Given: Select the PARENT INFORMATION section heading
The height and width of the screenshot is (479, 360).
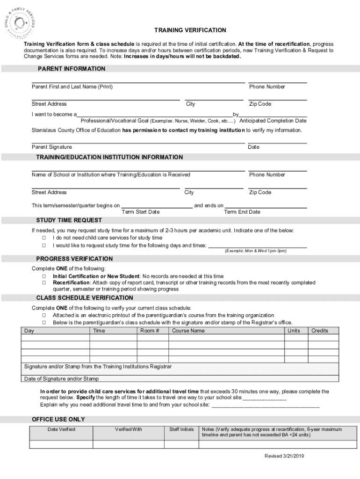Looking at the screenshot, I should [71, 69].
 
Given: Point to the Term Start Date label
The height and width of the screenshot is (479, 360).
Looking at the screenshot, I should [140, 212].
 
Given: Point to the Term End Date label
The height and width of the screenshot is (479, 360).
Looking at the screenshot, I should [242, 212].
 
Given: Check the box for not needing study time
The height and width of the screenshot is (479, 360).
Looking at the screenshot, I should [44, 238].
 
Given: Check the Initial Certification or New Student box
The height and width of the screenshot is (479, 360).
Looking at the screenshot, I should [44, 276].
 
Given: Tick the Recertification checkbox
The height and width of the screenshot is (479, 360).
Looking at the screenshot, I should [44, 283].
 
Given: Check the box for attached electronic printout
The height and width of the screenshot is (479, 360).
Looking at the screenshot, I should [44, 316].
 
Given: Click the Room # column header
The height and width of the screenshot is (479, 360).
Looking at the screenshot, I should [150, 331].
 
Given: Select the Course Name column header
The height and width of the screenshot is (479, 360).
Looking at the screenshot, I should [188, 331].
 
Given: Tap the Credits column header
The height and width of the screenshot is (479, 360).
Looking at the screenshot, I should [320, 331].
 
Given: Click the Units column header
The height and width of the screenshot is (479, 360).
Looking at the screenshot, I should [294, 331].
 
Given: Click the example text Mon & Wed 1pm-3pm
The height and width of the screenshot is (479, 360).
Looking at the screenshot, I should [255, 251].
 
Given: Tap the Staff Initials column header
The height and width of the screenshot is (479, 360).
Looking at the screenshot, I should [181, 429].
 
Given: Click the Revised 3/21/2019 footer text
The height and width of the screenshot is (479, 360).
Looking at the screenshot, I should [284, 456].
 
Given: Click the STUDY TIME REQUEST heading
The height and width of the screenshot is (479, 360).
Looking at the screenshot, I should [69, 220].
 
